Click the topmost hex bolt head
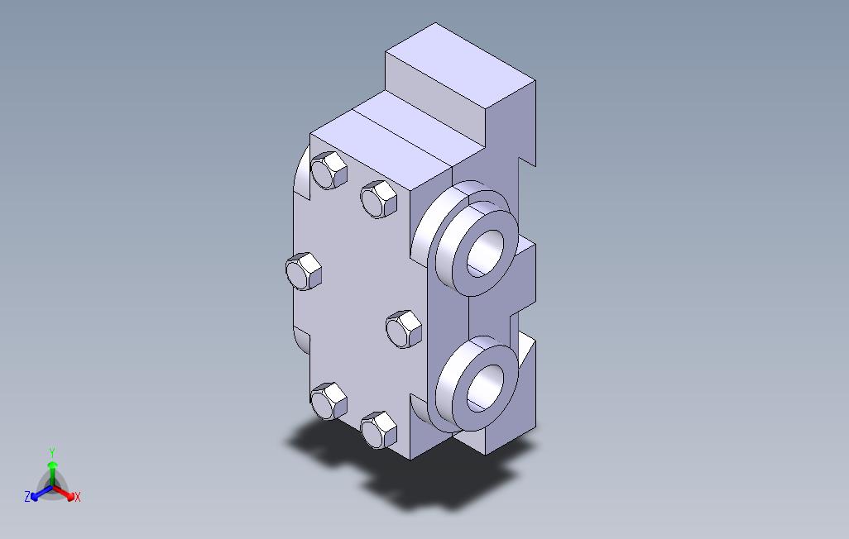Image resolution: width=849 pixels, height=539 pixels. coord(329,170)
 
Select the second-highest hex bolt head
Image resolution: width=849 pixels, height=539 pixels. coord(378,199)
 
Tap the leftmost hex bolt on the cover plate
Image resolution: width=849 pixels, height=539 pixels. coord(304,271)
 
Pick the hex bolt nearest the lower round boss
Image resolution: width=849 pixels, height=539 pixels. coord(404,329)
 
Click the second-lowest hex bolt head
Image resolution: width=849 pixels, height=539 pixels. coord(329,401)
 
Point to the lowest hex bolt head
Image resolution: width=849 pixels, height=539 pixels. coord(378,430)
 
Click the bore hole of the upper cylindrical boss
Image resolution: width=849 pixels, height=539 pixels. coord(485,253)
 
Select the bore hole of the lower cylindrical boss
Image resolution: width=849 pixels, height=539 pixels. coord(485,388)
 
